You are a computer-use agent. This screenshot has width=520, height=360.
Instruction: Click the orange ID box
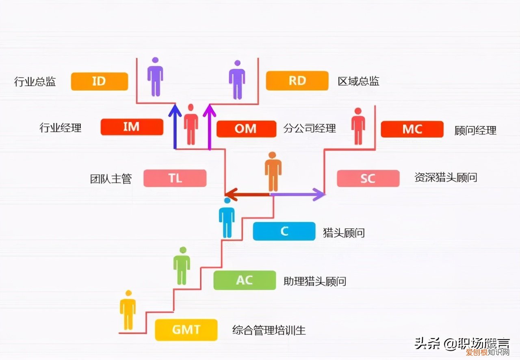tap(99, 81)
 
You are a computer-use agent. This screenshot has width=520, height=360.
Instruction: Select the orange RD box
tap(297, 80)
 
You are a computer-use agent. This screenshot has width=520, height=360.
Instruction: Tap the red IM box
tap(132, 127)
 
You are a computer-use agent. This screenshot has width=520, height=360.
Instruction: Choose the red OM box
tap(246, 129)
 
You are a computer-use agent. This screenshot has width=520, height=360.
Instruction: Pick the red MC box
tap(412, 129)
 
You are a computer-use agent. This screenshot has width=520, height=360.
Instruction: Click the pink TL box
tap(175, 178)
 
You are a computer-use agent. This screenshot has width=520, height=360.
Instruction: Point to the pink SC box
tap(368, 178)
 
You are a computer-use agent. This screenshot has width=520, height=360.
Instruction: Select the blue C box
tap(284, 231)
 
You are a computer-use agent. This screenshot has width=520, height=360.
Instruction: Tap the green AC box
tap(244, 280)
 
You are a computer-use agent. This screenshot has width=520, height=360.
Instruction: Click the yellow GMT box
tap(186, 330)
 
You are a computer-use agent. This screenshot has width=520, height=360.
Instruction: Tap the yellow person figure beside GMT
tap(128, 310)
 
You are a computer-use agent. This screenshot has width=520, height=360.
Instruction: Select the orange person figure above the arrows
tap(273, 171)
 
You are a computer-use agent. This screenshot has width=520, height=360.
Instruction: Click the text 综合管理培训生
tap(269, 330)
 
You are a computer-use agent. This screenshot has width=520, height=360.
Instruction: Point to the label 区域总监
tap(358, 81)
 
